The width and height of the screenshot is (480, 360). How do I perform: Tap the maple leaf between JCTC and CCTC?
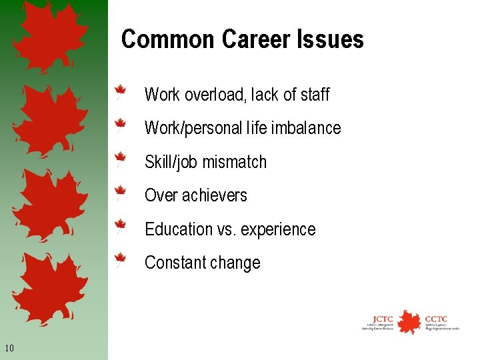point(409,321)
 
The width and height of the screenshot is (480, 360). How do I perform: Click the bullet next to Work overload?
point(120,92)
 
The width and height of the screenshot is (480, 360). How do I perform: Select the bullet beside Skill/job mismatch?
point(120,159)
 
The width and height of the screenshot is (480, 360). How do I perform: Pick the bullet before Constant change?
point(120,259)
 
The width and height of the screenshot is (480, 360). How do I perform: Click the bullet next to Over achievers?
point(120,193)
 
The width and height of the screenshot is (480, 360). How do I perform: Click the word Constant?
point(172,263)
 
